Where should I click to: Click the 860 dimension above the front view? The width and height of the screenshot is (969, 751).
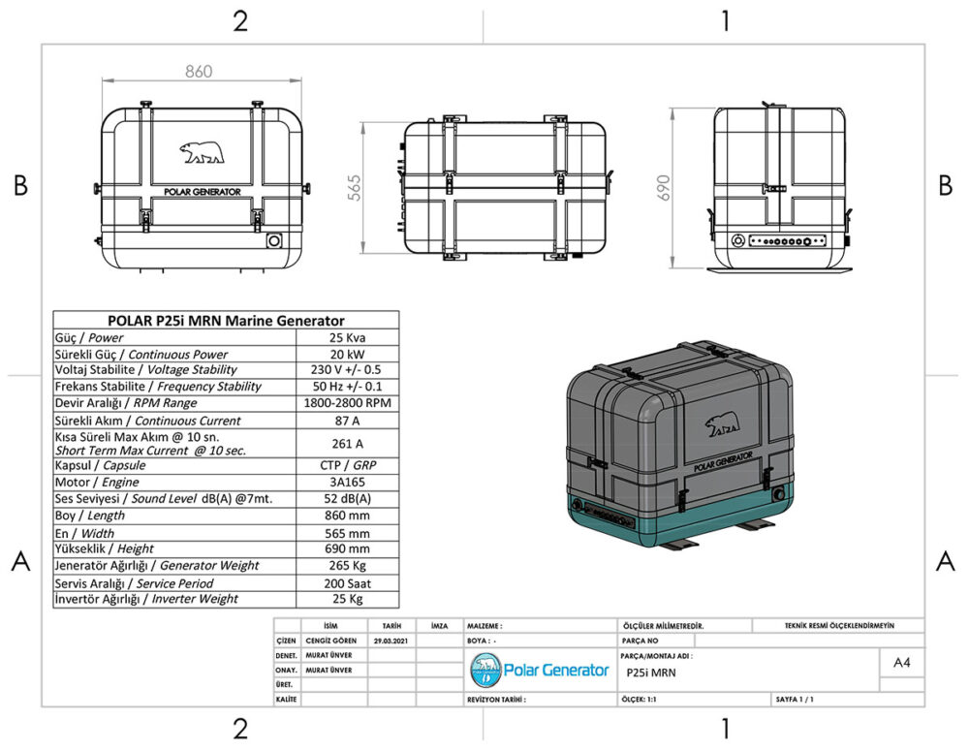coord(198,72)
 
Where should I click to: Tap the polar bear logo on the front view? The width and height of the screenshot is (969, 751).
coord(202,152)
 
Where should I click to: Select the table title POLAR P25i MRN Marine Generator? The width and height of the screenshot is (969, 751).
coord(225,321)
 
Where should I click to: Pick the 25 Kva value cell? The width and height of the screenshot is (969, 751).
coord(346,337)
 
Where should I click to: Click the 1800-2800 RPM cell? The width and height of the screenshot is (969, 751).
coord(346,402)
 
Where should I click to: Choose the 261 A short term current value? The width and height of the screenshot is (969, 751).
coord(346,443)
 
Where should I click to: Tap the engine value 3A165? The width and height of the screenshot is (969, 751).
coord(346,482)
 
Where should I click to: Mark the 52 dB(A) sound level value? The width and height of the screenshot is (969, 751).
coord(346,498)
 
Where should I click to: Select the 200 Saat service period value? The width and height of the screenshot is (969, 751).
coord(346,583)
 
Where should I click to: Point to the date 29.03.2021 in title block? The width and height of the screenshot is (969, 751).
coord(391,641)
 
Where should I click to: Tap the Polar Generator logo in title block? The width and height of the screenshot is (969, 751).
coord(540,669)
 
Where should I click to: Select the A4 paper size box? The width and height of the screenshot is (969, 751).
coord(901,663)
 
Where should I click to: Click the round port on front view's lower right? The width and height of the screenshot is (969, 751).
coord(273,239)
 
